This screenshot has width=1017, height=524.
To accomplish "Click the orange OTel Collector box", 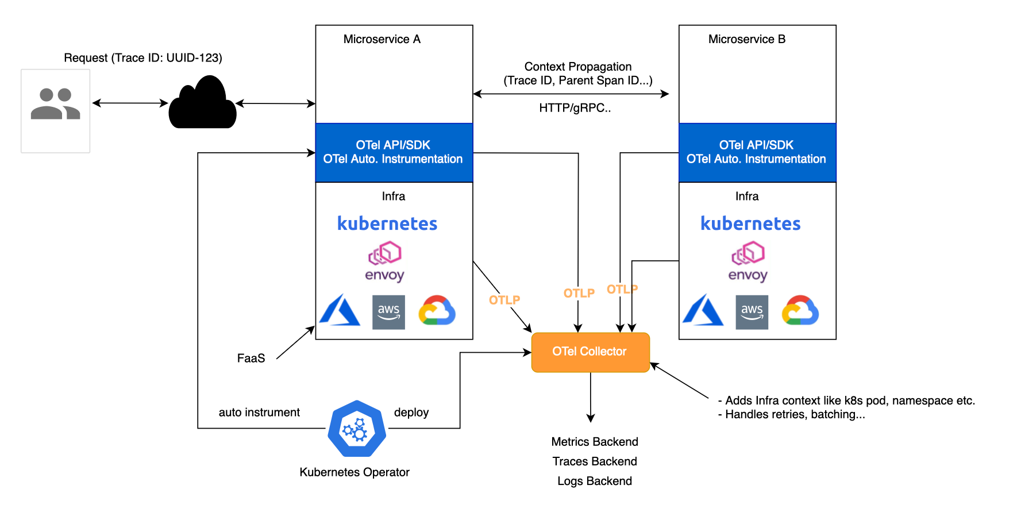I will tap(590, 352).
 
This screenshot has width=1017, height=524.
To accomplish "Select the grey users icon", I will tap(55, 104).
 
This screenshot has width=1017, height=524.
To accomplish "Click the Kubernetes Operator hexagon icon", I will tap(357, 429).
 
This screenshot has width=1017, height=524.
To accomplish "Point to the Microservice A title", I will tap(382, 39).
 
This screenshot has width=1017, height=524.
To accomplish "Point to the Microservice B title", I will tap(746, 39).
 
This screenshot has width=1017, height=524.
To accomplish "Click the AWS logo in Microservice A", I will tap(388, 312).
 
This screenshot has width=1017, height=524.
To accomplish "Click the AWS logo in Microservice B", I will tap(752, 312).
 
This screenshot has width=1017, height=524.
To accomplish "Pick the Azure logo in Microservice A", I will tap(340, 310).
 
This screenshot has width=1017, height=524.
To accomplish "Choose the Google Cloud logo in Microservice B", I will tap(800, 310).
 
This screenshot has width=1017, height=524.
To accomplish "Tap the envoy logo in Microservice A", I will tap(384, 262).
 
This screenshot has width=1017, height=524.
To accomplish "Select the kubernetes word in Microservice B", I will tap(750, 224).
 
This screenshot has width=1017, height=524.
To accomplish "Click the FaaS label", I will tap(251, 359).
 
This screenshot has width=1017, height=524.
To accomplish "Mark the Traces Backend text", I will tap(595, 461).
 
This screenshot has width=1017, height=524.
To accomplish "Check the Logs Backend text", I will tap(595, 481).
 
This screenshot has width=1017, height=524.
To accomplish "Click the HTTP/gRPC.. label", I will tap(575, 108).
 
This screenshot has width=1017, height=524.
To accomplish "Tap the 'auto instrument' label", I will tap(259, 413).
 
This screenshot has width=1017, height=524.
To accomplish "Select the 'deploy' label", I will tap(411, 413).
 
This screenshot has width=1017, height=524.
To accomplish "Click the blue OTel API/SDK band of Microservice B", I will tap(757, 152).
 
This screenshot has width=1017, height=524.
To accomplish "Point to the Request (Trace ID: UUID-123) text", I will tap(143, 58).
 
